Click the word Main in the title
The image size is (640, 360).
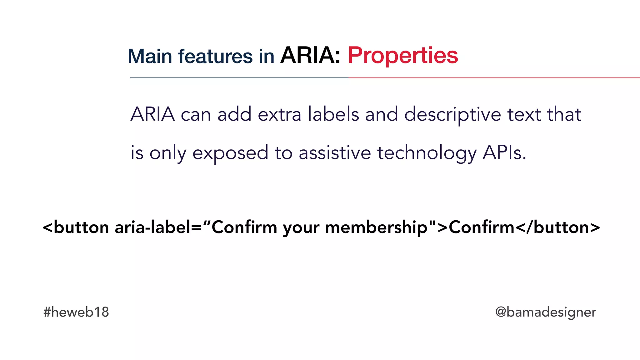coord(150,57)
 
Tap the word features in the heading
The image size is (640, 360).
coord(215,57)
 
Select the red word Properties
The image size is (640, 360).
coord(403,56)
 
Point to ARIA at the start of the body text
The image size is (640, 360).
coord(152,114)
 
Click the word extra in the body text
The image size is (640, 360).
coord(279,114)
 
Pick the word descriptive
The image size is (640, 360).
coord(453,115)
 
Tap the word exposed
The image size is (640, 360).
coord(230,153)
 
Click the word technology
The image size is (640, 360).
coord(427,153)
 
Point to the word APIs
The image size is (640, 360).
coord(504,153)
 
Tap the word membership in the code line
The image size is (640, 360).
coord(376,227)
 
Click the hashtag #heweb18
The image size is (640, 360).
coord(76,312)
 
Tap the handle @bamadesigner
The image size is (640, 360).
coord(546,312)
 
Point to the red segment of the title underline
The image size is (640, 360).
coord(494,78)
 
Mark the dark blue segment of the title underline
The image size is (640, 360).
coord(239,78)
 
